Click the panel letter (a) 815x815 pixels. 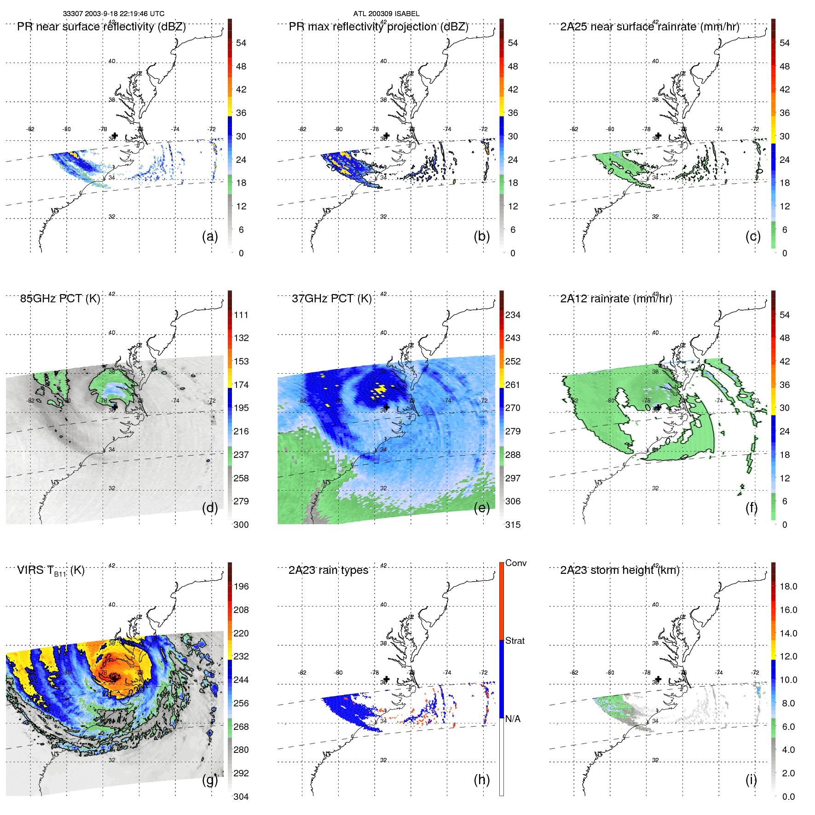tap(210, 236)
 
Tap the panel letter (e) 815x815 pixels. tap(481, 508)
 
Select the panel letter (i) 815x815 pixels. tap(751, 780)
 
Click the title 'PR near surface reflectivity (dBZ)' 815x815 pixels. tap(101, 27)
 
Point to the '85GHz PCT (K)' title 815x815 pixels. tap(60, 299)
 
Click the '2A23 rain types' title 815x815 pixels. tap(328, 570)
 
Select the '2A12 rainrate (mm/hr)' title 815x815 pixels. tap(616, 299)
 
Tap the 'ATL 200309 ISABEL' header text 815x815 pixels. tap(386, 14)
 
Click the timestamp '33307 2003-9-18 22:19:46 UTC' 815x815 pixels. tap(114, 14)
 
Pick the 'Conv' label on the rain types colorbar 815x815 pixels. tap(515, 563)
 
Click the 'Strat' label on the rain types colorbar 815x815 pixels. tap(514, 641)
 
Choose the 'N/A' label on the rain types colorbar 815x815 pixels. tap(513, 718)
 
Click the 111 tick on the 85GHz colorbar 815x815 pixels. tap(241, 315)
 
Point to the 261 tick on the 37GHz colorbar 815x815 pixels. tap(513, 385)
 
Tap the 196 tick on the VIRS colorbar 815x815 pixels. tap(241, 586)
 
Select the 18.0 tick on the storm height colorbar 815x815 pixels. tap(788, 586)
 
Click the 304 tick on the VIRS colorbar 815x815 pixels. tap(241, 797)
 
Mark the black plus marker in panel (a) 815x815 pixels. tap(115, 135)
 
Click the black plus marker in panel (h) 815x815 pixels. tap(387, 679)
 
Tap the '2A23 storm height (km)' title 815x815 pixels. tap(619, 570)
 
